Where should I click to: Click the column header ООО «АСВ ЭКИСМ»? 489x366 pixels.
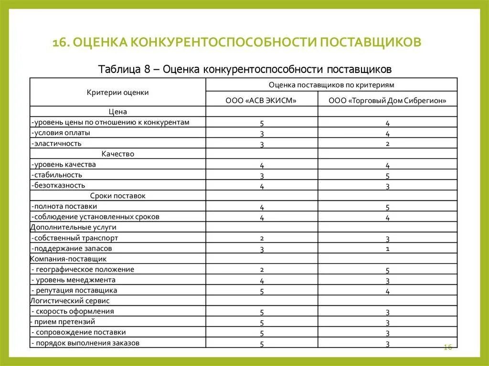[261, 101]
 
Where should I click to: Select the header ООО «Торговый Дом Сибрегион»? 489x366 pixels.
[387, 101]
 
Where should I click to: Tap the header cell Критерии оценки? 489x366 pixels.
[117, 93]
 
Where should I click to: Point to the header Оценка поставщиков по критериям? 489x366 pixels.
[331, 84]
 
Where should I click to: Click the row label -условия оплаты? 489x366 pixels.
[61, 133]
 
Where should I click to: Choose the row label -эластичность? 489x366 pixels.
[57, 143]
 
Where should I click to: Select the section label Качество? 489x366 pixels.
[117, 154]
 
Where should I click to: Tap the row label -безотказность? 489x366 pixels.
[59, 185]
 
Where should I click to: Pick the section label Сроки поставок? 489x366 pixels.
[117, 196]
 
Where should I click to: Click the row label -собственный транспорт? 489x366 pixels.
[74, 238]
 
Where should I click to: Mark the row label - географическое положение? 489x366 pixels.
[83, 269]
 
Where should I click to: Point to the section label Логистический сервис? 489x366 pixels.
[70, 301]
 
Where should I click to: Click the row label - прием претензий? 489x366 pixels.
[63, 322]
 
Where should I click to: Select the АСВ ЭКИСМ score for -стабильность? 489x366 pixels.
[262, 176]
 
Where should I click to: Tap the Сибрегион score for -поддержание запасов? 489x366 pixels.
[387, 249]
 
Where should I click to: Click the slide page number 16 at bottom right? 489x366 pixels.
[447, 347]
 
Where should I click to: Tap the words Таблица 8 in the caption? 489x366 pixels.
[124, 69]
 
